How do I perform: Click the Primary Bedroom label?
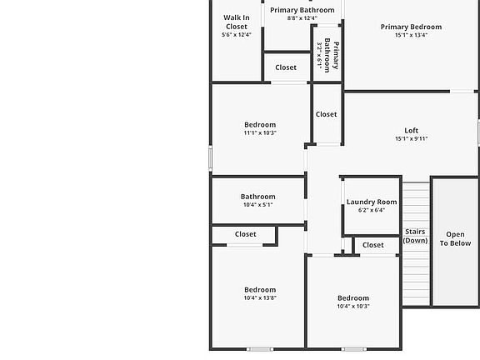[411, 27]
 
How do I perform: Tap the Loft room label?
[411, 130]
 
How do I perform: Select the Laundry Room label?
[372, 202]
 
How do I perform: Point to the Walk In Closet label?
[237, 22]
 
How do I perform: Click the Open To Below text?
[455, 239]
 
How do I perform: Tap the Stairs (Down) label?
[415, 236]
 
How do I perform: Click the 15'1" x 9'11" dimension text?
[411, 138]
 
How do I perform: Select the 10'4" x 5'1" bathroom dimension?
[258, 204]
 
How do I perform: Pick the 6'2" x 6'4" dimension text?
[372, 210]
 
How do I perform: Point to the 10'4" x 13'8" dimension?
[260, 297]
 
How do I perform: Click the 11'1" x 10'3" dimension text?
[260, 132]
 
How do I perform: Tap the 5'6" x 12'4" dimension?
[237, 35]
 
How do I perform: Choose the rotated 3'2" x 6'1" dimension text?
[319, 55]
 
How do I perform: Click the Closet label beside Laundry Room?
[372, 245]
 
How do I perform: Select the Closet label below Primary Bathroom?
[286, 67]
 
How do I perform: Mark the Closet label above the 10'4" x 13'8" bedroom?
[246, 234]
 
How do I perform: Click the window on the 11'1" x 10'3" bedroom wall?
[210, 158]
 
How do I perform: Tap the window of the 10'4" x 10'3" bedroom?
[354, 349]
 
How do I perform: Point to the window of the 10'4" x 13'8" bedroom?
[260, 349]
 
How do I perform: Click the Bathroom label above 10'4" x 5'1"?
[258, 197]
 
